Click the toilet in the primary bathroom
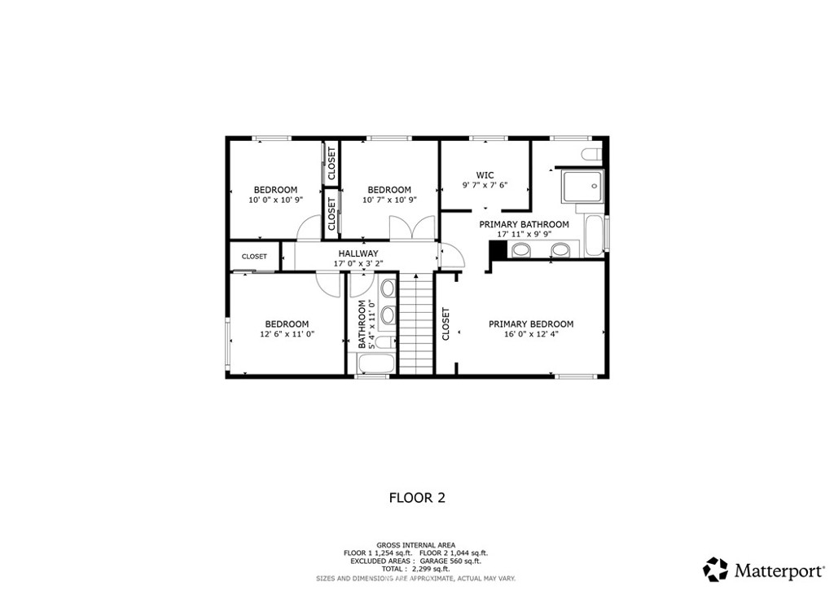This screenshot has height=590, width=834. [592, 155]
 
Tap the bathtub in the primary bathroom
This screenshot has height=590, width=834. [596, 234]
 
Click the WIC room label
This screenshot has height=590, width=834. [485, 174]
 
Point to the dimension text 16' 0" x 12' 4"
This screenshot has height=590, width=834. [530, 333]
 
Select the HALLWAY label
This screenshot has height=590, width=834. [358, 253]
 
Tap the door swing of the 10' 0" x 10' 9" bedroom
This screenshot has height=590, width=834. [309, 231]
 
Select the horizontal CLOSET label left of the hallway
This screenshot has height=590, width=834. [254, 256]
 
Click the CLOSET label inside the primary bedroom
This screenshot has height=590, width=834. [446, 324]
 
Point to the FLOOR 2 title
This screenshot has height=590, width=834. [416, 497]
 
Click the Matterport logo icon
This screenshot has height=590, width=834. [715, 568]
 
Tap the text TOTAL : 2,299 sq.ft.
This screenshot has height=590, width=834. [415, 569]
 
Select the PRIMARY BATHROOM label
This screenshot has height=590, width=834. [524, 224]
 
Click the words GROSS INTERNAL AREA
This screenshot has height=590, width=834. [415, 544]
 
